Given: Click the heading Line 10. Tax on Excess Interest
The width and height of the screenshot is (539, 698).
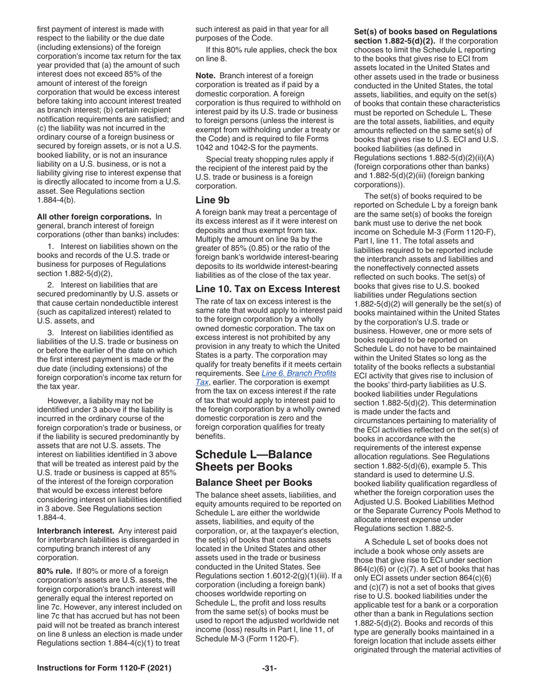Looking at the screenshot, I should tap(268, 289).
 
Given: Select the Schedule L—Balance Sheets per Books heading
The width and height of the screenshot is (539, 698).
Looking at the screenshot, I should tap(254, 460).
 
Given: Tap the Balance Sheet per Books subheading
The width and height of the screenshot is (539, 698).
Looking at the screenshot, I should tap(250, 483).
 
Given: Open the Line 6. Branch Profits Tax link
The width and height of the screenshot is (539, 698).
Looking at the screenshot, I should tap(298, 373).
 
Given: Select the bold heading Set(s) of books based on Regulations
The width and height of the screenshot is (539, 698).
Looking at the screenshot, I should tap(425, 32).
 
